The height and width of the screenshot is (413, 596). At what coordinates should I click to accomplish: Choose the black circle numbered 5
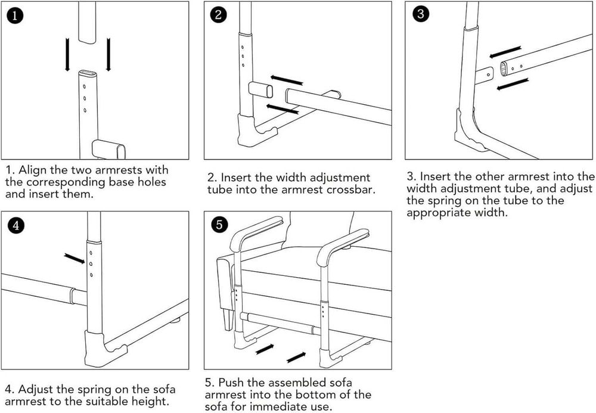[x=219, y=225]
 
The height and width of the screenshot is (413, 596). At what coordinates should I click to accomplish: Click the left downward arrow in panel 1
[x=69, y=55]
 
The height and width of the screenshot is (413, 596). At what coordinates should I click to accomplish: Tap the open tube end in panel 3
[x=505, y=68]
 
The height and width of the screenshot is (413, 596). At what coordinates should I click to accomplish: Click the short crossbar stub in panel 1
[x=108, y=148]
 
